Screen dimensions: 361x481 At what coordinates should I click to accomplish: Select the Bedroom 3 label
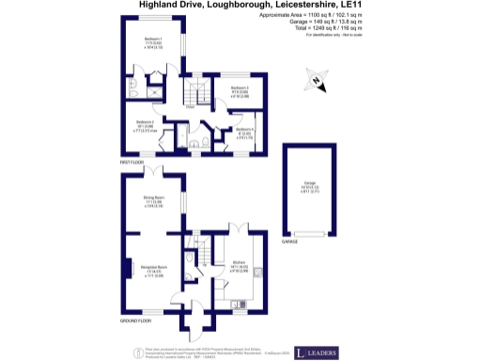click(x=240, y=91)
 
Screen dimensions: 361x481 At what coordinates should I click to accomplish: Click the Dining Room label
click(x=153, y=200)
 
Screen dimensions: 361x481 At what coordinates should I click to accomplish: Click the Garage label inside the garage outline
click(x=308, y=187)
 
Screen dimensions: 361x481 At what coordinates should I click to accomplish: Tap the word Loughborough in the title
click(x=225, y=5)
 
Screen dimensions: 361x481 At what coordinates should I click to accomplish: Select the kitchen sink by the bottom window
click(x=242, y=304)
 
